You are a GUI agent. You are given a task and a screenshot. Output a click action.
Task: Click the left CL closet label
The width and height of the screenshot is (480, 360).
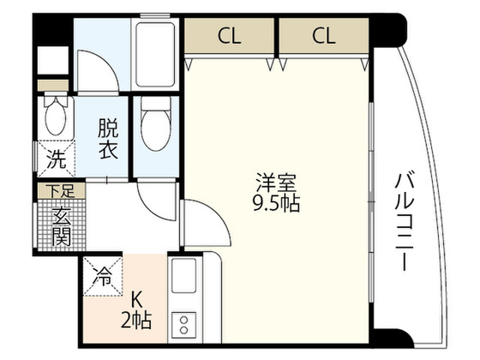coord(229,36)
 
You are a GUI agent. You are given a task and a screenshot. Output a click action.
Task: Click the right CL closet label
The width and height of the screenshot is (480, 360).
coord(324,36)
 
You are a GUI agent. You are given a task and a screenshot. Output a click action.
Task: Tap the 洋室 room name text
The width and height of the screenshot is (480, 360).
coord(276,182)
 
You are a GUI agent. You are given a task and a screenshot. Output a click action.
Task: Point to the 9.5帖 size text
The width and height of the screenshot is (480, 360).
coord(276,202)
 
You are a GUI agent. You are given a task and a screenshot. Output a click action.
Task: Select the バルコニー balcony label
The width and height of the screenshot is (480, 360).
coord(404,222)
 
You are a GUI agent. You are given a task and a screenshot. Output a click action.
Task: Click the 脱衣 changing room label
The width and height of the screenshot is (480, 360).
coord(108,139)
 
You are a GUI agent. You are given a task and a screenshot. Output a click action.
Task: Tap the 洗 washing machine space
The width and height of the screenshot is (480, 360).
coord(56,159)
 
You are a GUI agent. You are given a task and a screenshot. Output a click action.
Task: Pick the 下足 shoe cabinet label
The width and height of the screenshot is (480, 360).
coord(62,191)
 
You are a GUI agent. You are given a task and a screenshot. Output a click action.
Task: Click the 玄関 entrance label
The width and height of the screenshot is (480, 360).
coord(61,227)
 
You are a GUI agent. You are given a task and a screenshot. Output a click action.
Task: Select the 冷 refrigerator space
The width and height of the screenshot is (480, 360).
coord(103,277)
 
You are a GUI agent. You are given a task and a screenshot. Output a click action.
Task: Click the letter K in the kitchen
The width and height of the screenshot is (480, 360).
coord(136,300)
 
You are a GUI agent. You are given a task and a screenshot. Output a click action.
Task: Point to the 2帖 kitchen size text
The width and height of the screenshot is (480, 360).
coord(136,320)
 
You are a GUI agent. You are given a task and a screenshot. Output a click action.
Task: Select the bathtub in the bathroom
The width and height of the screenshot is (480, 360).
coord(155,55)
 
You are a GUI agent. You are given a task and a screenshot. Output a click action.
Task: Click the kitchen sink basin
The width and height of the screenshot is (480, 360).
coord(184,275)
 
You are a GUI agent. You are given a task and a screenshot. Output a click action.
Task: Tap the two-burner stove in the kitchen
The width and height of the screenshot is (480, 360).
coord(184,325)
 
